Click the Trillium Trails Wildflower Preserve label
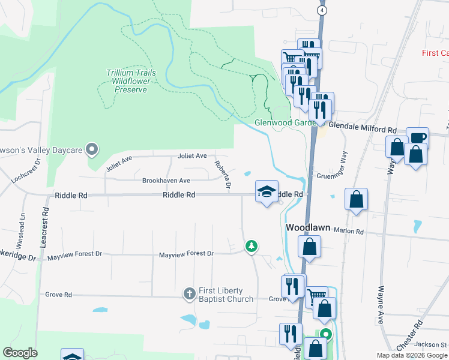(x=131, y=81)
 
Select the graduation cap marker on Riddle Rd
(x=267, y=191)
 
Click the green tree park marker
(x=251, y=246)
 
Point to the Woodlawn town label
(x=308, y=228)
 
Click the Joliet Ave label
(x=192, y=155)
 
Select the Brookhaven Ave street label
(x=166, y=180)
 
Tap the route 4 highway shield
(x=323, y=11)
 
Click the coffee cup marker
(x=417, y=138)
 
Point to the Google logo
(x=20, y=353)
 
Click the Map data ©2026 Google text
(x=411, y=355)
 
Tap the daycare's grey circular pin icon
(x=92, y=148)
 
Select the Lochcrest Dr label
(x=25, y=172)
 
